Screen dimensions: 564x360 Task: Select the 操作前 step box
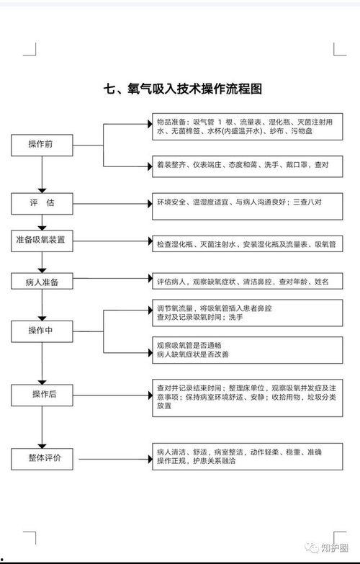(x=42, y=145)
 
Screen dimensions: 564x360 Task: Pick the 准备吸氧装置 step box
(x=42, y=240)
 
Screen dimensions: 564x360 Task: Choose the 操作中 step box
(x=42, y=331)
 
